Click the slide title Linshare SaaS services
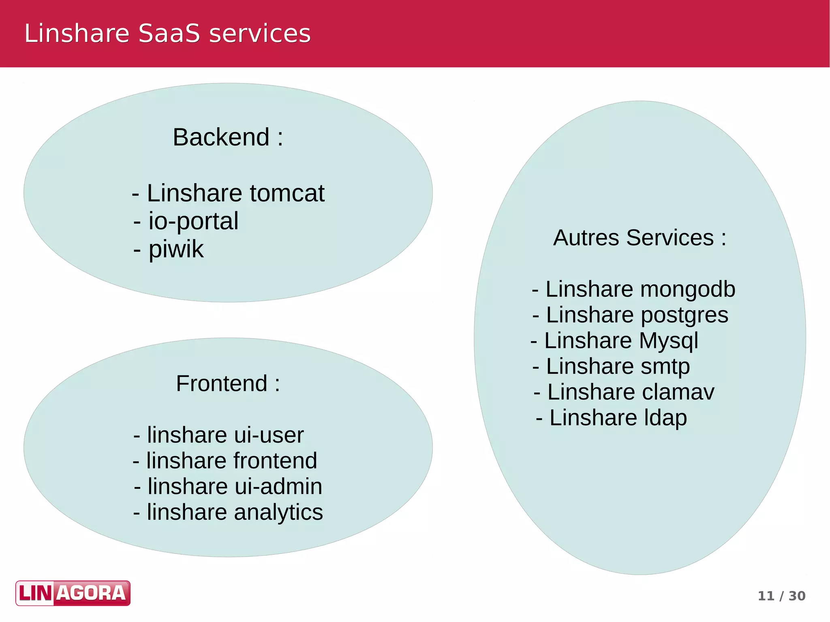167,33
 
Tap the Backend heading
228,137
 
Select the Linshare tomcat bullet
228,193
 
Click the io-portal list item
186,221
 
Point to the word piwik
176,249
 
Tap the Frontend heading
228,383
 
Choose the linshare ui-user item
218,435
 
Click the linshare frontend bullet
225,461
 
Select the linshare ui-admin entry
228,486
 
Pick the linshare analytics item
228,512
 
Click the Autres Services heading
640,237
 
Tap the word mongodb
688,289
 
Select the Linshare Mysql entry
614,340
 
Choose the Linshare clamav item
624,392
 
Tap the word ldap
665,418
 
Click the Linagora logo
73,593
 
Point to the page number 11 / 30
781,596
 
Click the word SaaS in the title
169,33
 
